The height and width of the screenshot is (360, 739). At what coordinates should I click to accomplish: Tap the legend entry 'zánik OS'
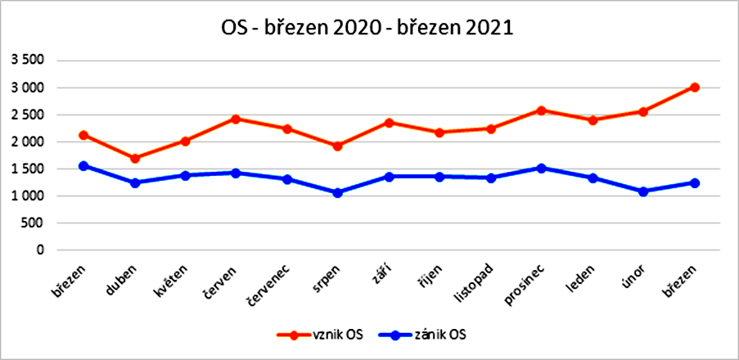click(421, 335)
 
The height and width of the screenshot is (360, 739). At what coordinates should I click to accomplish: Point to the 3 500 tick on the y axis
click(30, 61)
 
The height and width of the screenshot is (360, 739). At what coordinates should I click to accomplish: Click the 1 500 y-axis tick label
click(30, 169)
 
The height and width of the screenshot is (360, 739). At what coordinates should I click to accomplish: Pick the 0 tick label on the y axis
click(41, 250)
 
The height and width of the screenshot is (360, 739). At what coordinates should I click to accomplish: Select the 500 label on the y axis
click(35, 223)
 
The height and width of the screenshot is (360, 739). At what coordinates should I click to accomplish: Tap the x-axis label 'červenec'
click(269, 286)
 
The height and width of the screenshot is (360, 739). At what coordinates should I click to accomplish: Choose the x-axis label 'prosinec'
click(524, 286)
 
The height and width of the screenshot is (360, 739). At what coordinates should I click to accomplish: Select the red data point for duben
click(135, 159)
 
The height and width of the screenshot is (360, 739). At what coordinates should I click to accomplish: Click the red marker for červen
click(237, 119)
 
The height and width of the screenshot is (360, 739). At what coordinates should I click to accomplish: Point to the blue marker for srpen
click(337, 193)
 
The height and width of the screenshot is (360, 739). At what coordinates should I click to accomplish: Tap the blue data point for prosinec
click(541, 169)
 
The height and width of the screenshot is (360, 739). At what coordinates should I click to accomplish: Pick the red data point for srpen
click(337, 146)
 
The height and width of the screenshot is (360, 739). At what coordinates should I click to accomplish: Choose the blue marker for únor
click(643, 191)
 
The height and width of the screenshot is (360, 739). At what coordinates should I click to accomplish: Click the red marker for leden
click(593, 120)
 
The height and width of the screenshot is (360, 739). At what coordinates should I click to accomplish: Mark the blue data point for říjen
click(439, 177)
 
